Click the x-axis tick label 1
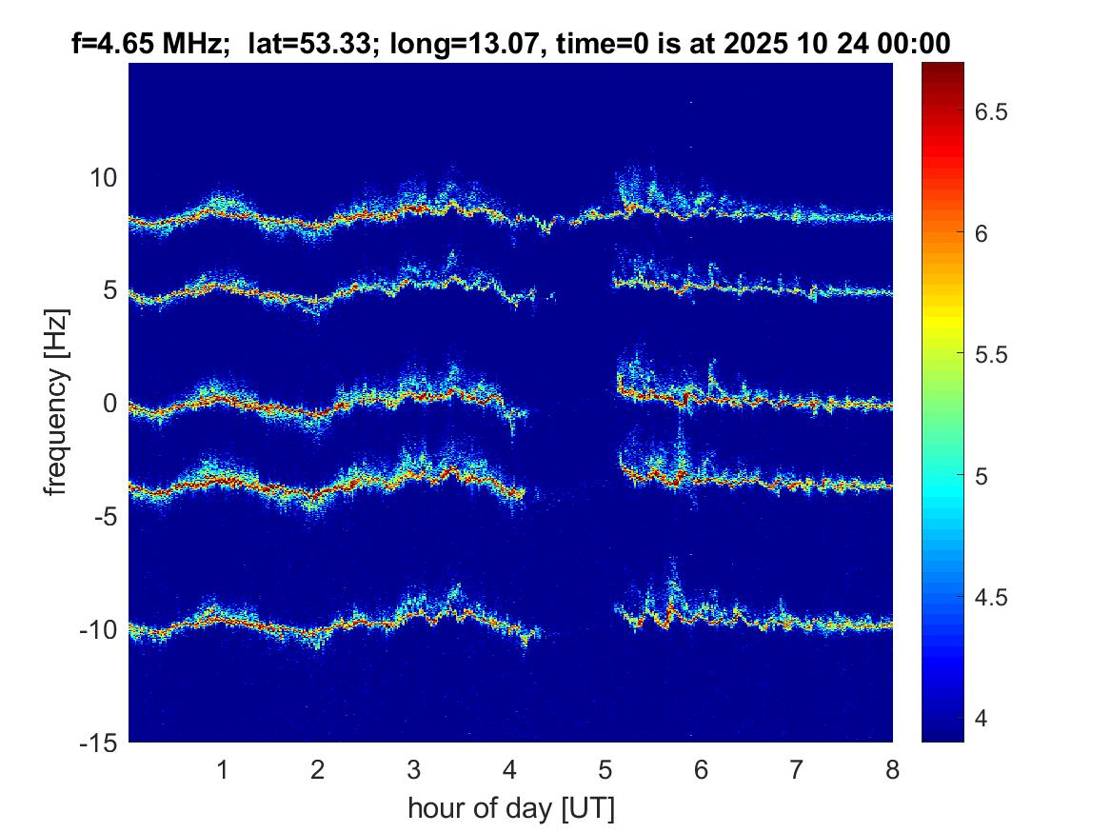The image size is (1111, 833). (223, 769)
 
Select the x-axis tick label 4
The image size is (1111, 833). (509, 769)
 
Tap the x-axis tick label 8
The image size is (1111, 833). (892, 769)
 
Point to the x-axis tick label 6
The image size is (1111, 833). (701, 769)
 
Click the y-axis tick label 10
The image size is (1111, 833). (103, 178)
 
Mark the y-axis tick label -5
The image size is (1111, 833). (103, 517)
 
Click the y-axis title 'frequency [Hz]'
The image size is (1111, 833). (58, 404)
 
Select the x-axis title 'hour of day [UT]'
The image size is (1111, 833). (510, 809)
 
